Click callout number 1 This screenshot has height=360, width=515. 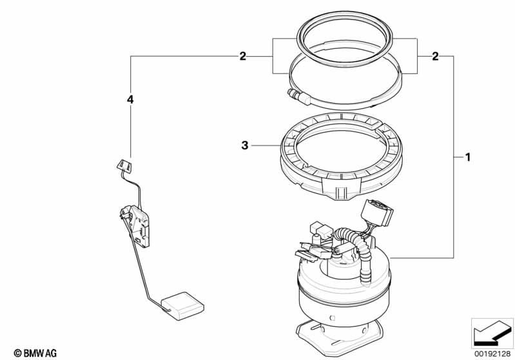(468, 158)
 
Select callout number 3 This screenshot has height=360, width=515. (245, 146)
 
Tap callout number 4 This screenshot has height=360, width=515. (130, 99)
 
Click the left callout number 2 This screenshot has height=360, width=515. (242, 57)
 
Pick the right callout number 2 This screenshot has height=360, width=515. (435, 57)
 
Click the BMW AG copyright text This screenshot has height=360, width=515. (35, 353)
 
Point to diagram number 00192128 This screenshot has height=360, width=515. (492, 354)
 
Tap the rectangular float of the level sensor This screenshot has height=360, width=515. (182, 306)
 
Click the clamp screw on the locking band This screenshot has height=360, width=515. (298, 97)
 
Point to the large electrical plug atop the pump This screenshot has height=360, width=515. (377, 213)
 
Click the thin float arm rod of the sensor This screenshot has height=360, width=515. (141, 269)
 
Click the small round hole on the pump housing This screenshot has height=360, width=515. (332, 317)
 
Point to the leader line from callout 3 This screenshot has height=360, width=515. (265, 145)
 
